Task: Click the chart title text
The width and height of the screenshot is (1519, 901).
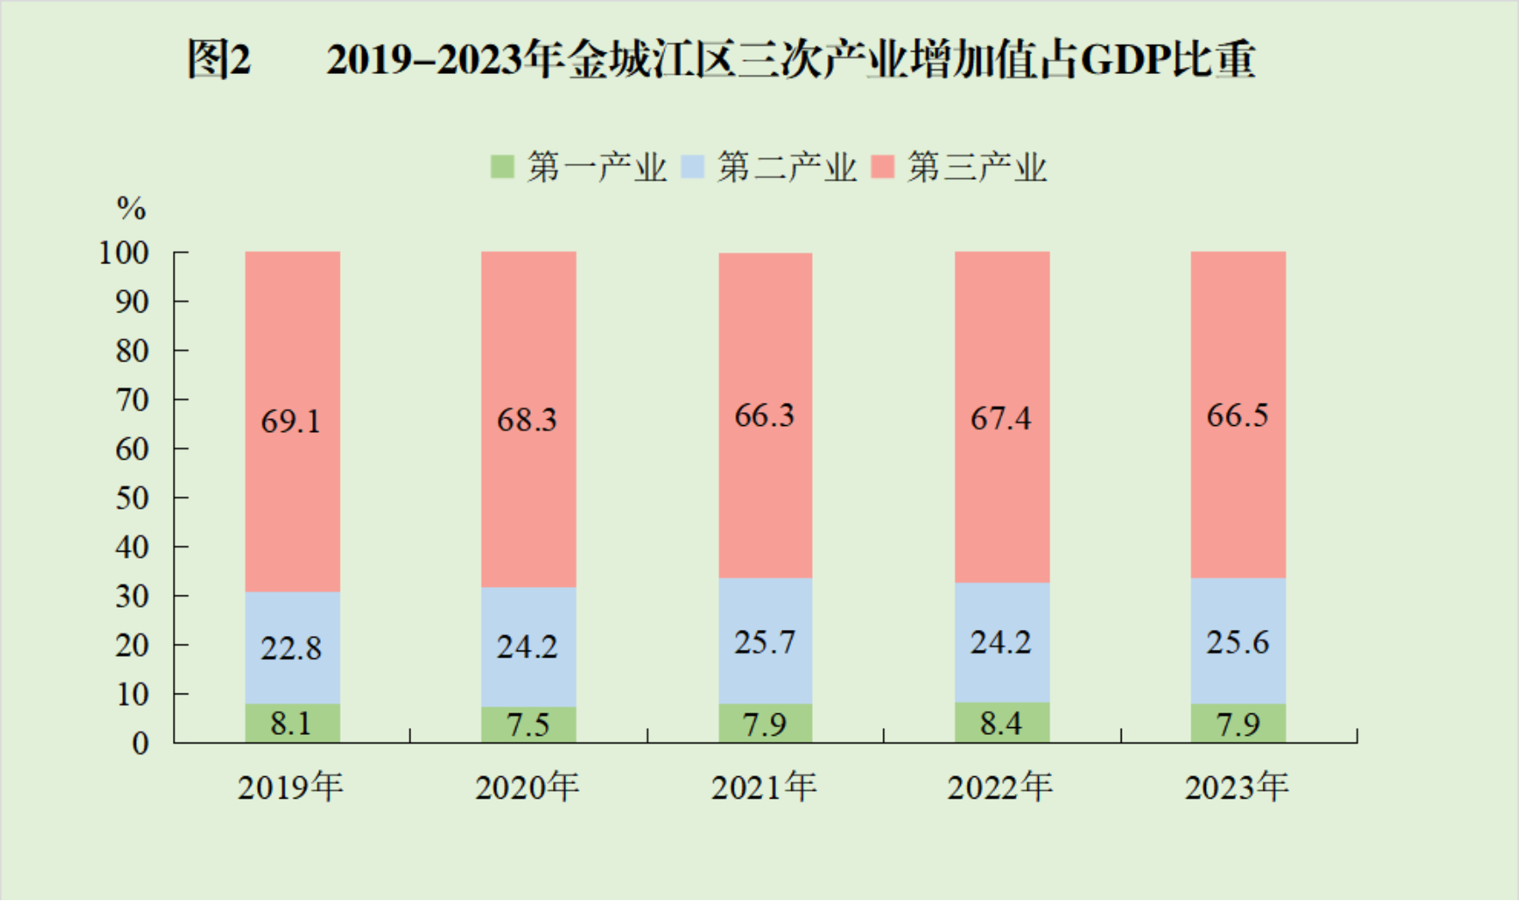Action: click(721, 60)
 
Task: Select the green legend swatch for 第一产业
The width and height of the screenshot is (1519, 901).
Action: click(501, 166)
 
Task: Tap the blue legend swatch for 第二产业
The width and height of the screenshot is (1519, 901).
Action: click(692, 166)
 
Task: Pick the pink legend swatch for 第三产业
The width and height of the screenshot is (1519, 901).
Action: click(882, 166)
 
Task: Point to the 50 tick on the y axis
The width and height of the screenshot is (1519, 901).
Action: click(132, 498)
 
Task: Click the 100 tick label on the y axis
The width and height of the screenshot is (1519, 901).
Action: click(124, 253)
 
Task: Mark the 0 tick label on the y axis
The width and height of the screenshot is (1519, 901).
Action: click(140, 744)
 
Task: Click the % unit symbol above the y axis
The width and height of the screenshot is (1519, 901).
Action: click(132, 208)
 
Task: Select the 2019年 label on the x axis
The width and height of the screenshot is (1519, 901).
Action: click(291, 787)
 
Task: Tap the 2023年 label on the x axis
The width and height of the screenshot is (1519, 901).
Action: click(1237, 787)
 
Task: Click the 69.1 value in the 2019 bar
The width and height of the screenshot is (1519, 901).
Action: click(291, 422)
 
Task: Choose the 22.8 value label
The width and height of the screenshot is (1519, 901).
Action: click(291, 648)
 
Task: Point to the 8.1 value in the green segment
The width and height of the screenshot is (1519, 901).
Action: click(291, 724)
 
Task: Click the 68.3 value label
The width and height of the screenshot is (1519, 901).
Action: click(527, 420)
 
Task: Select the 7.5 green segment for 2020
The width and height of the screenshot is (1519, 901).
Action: click(528, 725)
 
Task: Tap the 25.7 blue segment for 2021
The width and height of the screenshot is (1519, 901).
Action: click(765, 642)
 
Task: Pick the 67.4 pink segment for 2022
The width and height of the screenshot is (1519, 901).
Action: click(1001, 418)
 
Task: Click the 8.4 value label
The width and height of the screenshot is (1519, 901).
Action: click(1001, 724)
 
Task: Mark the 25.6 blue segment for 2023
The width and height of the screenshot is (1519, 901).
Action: click(1238, 642)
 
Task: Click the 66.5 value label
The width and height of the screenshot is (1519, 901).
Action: click(1238, 416)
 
